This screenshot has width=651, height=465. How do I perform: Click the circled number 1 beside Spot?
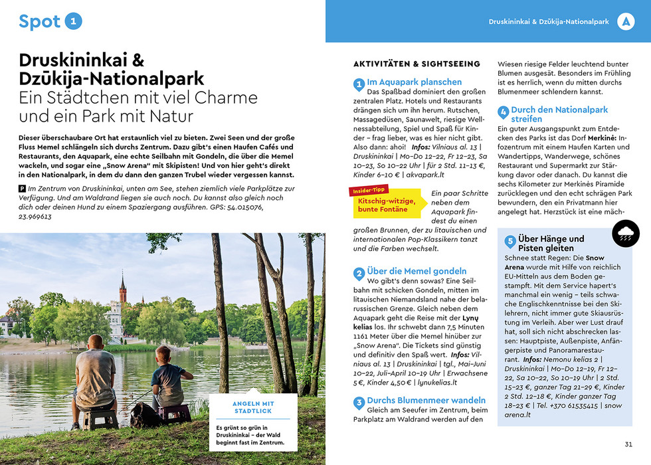pos(74,21)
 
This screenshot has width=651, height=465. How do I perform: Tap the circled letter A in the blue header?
pos(625,22)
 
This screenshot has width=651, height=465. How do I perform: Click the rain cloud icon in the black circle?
pos(625,233)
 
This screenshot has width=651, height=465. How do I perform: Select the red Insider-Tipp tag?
pos(368,191)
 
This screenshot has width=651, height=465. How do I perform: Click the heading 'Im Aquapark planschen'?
pos(414,82)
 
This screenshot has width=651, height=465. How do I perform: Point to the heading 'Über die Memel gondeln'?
pos(417,271)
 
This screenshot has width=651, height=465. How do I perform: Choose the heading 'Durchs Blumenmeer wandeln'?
pos(426,401)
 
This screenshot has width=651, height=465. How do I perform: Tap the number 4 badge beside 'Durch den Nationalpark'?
pos(504,112)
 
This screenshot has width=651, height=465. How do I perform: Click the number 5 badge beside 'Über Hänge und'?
pos(510,242)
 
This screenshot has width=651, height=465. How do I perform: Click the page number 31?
pos(628,444)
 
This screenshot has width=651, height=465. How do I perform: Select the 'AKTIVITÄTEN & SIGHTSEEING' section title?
pos(417,64)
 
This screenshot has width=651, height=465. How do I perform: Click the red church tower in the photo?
pos(123,290)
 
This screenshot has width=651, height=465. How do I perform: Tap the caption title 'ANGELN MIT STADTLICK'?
pos(253,407)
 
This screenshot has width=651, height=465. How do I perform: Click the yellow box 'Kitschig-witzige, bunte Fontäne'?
pos(387,205)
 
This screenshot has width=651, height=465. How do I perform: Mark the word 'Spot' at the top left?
pos(39,21)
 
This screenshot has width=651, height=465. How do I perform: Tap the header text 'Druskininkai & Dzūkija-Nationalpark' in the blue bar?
pos(549,22)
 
